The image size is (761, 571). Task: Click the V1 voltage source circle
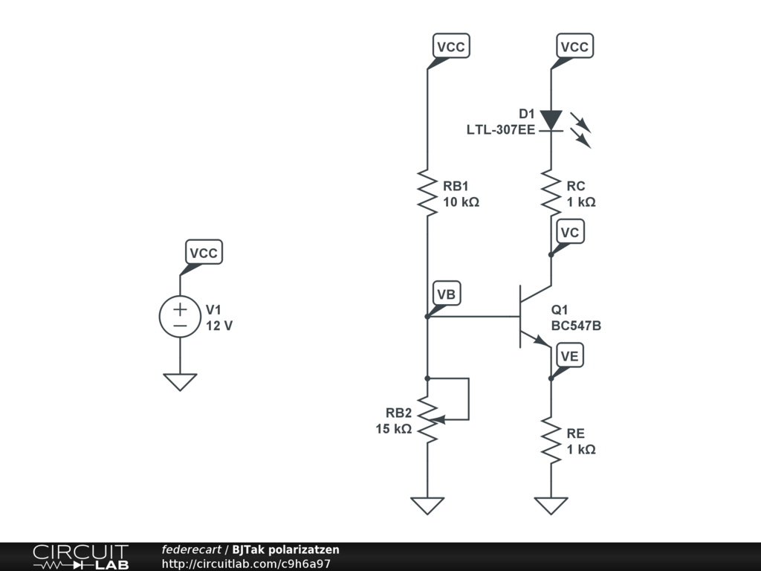180,316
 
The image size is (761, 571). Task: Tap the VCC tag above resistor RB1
450,47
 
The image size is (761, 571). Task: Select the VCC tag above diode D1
574,47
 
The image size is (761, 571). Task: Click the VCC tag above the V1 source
203,253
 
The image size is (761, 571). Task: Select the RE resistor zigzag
551,440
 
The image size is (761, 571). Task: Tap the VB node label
446,294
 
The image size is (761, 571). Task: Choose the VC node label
570,233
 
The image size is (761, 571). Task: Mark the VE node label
569,356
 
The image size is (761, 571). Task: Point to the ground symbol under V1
180,381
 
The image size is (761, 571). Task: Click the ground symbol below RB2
427,505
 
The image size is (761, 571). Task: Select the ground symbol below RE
551,505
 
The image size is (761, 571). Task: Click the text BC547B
576,326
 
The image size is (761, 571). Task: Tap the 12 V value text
219,326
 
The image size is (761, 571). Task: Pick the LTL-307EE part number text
500,129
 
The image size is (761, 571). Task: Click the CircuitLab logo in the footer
80,557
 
